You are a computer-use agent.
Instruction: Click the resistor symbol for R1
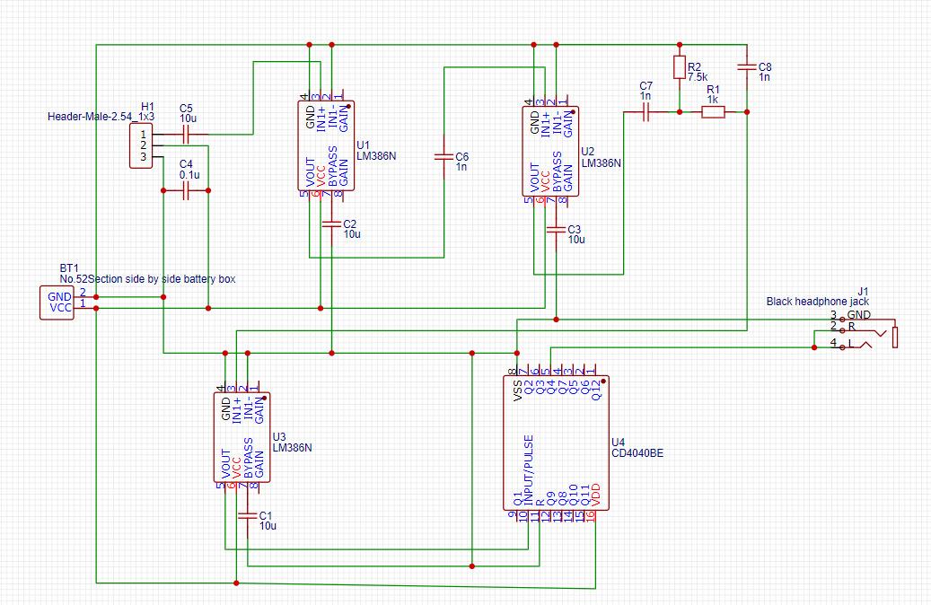(713, 112)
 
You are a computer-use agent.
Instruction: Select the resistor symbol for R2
(679, 68)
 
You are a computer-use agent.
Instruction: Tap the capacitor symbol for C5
(186, 135)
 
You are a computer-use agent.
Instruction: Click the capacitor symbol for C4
(186, 190)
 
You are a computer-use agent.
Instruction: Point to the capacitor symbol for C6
(444, 156)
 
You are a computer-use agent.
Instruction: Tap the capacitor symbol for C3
(557, 229)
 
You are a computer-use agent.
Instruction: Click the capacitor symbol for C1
(247, 515)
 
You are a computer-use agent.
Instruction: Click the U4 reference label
(618, 443)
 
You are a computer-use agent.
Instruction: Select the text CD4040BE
(637, 453)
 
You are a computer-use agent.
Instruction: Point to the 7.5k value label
(698, 78)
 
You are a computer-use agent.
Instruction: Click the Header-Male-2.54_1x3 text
(101, 117)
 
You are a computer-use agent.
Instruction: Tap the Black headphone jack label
(818, 302)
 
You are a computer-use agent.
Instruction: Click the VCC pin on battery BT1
(60, 308)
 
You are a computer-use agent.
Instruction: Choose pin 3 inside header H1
(142, 158)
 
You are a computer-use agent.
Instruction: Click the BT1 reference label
(69, 268)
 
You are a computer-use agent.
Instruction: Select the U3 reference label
(278, 435)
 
